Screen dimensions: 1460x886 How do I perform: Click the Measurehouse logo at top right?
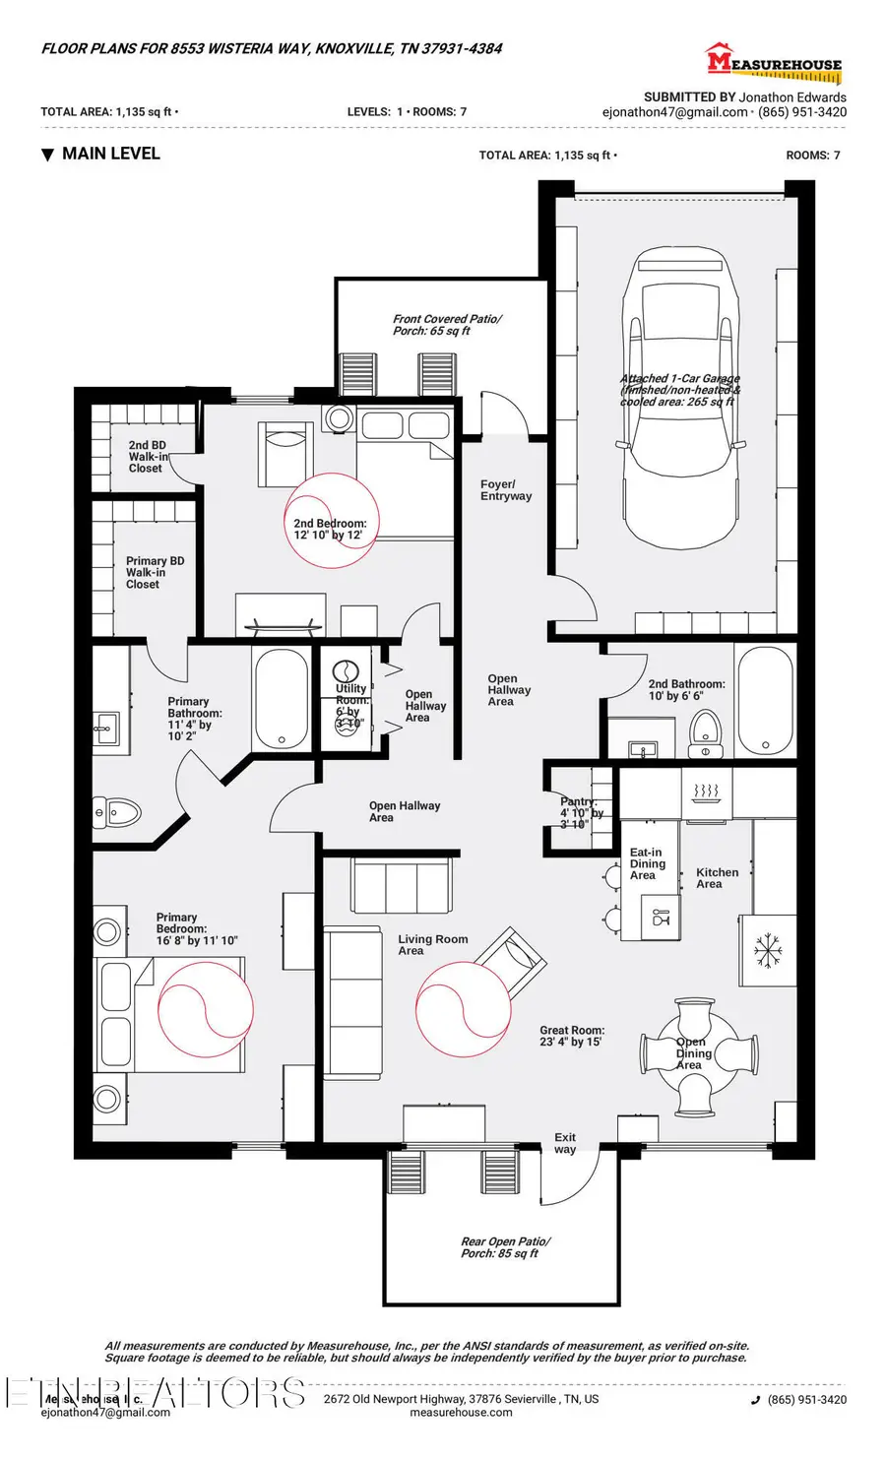pos(774,62)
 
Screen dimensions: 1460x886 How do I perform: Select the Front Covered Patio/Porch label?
pos(447,325)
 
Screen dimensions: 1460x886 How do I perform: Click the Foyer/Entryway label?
pos(505,490)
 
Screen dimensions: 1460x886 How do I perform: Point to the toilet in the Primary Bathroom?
pos(117,813)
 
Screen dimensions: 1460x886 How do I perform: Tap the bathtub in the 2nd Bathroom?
pos(765,700)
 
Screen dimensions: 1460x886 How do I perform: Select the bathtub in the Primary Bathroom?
pos(282,700)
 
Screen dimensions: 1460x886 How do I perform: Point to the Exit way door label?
pos(565,1143)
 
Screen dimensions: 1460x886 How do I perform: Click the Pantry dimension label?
pos(581,813)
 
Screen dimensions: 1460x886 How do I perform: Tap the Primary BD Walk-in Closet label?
pos(155,572)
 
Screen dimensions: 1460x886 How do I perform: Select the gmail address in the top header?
pos(674,112)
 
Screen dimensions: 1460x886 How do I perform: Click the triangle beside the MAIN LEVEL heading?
pos(47,155)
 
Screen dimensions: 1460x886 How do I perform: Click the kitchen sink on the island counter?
pos(661,918)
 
